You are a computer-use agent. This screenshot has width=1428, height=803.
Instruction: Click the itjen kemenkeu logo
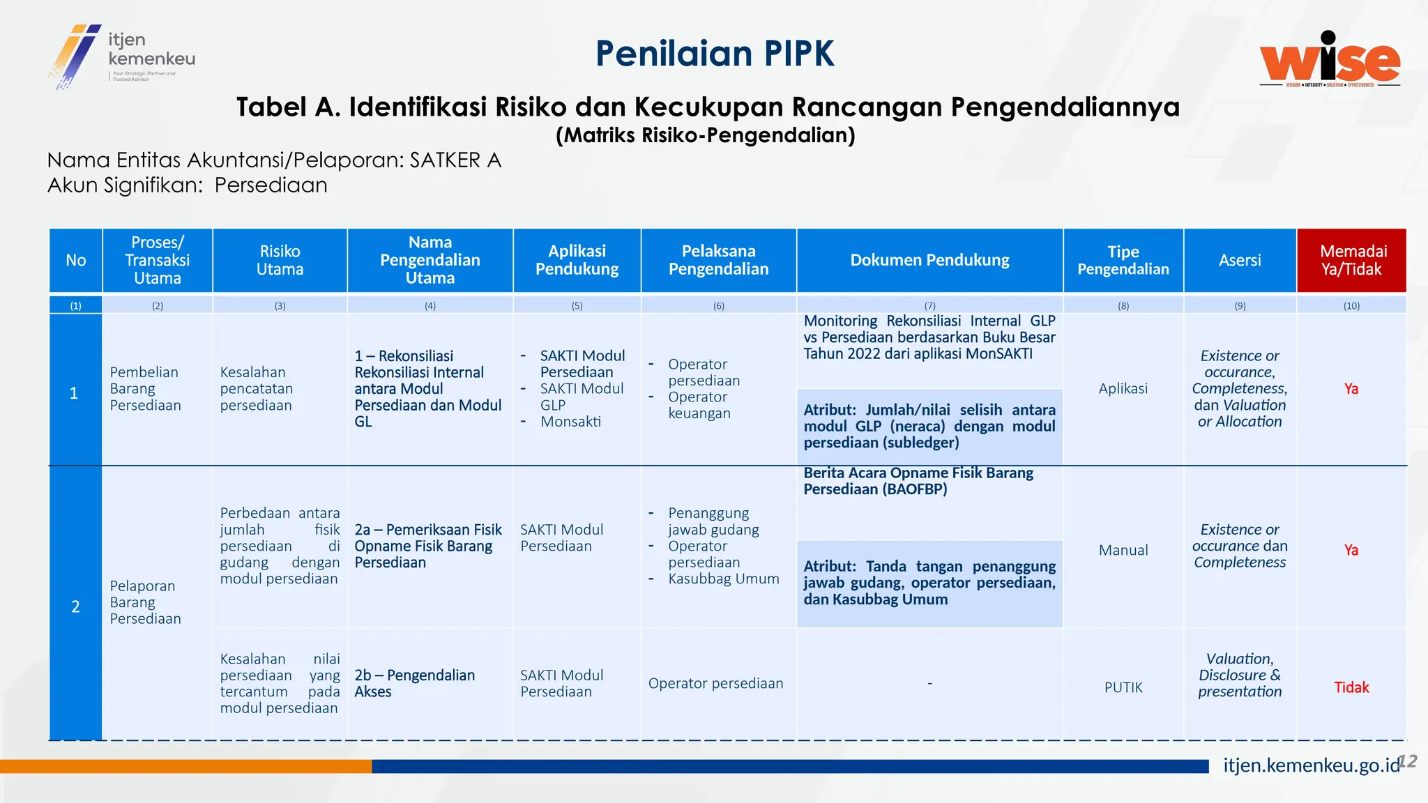121,56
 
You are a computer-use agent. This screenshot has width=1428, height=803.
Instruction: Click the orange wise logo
1330,60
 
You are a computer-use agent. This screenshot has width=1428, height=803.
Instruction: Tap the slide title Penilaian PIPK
715,54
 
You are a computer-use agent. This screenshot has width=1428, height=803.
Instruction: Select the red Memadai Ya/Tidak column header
1351,260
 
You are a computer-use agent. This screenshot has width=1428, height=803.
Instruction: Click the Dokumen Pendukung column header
929,260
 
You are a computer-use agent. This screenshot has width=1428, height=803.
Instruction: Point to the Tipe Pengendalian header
1123,260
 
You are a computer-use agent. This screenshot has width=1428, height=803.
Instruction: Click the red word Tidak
1351,687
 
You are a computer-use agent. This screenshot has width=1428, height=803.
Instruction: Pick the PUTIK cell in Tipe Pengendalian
1123,687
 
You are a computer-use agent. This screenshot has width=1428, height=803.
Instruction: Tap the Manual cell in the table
1123,550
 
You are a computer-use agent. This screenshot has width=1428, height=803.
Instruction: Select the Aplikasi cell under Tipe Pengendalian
1123,388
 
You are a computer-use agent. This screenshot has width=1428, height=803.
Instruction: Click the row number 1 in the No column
74,393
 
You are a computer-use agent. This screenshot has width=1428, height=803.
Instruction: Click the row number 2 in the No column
75,606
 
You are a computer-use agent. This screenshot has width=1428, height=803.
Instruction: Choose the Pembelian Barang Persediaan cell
145,388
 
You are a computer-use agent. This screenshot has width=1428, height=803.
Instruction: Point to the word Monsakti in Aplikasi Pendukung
570,421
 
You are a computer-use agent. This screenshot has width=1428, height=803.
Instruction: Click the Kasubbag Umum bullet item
723,579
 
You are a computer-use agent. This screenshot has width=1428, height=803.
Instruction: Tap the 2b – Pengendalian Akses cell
414,683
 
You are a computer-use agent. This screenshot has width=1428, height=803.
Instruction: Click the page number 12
1408,760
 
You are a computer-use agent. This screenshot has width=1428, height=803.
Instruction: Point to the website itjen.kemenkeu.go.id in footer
1311,765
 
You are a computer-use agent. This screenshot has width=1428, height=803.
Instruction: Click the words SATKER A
455,160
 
